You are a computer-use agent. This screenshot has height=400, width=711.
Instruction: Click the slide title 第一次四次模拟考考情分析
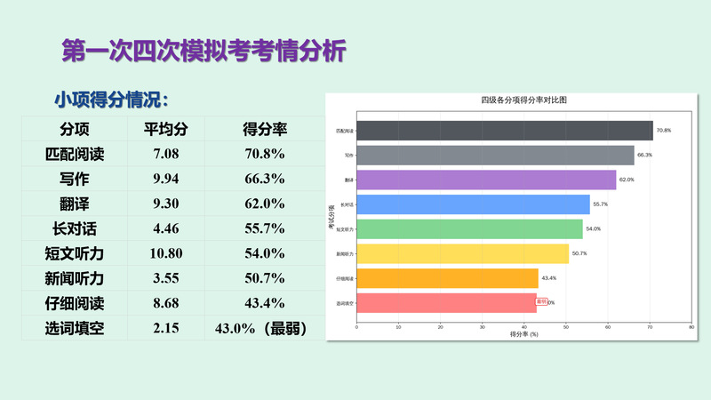coord(203,50)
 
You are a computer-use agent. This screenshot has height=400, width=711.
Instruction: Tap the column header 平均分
coord(166,129)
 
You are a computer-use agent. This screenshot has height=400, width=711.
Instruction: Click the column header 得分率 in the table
coord(264,129)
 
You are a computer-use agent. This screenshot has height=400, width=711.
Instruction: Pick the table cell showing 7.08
coord(166,154)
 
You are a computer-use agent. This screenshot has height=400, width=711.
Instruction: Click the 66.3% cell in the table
coord(264,179)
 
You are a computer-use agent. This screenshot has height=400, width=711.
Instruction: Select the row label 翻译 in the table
coord(75,204)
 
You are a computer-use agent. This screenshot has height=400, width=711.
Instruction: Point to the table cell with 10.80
coord(166,253)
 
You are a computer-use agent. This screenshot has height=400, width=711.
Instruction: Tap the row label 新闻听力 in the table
coord(75,278)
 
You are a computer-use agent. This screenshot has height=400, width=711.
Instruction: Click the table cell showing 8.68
coord(166,303)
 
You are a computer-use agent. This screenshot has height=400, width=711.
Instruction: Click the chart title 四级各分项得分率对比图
coord(523,100)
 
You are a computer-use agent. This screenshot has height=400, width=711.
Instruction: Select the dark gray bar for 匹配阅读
coord(504,131)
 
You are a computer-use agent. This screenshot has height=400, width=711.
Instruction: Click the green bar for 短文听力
coord(469,229)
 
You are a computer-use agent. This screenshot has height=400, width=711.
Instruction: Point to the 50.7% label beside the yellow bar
coord(579,254)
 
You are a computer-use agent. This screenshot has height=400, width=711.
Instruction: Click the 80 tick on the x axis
coord(691,326)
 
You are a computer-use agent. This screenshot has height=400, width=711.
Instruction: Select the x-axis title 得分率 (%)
coord(523,334)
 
